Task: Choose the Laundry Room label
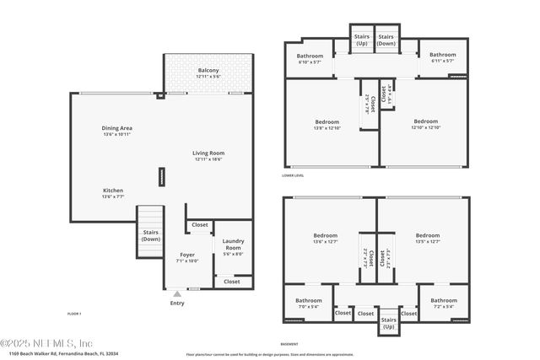(233, 245)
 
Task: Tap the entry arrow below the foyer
(176, 293)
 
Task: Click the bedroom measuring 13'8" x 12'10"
(327, 124)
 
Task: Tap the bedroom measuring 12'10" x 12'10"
(425, 124)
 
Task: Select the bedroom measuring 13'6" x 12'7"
(325, 239)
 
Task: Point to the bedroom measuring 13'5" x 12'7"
(428, 239)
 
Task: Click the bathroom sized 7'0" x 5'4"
(308, 303)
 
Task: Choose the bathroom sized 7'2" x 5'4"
(443, 303)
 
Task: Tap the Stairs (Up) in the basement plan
(389, 322)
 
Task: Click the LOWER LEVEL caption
(293, 175)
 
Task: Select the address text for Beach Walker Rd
(59, 353)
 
